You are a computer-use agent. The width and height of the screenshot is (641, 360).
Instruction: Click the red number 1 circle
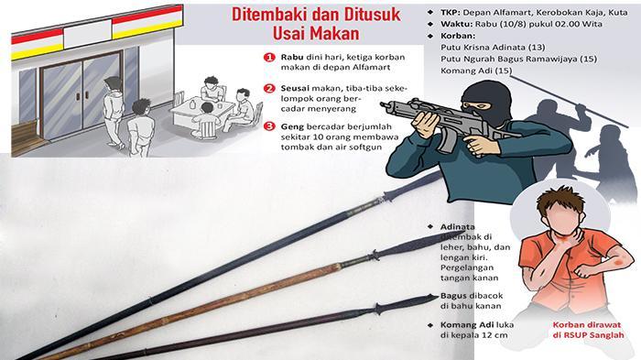269,58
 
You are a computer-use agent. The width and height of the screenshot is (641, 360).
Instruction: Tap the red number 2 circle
269,89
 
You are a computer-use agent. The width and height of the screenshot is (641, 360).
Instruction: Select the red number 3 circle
269,126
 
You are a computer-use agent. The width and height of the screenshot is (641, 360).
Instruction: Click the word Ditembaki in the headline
270,15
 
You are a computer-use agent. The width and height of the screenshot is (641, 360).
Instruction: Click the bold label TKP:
451,12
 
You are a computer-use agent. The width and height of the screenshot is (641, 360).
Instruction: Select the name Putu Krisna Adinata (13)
493,47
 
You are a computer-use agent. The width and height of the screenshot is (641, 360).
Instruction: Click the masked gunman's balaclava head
485,103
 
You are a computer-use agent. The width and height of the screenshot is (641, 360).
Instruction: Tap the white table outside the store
201,111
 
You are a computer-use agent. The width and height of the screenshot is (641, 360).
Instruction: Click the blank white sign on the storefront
88,34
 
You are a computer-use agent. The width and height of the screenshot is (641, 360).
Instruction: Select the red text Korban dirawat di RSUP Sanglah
588,330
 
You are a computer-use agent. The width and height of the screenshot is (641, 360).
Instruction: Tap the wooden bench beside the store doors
26,136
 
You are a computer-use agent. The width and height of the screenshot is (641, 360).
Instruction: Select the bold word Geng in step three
292,126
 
